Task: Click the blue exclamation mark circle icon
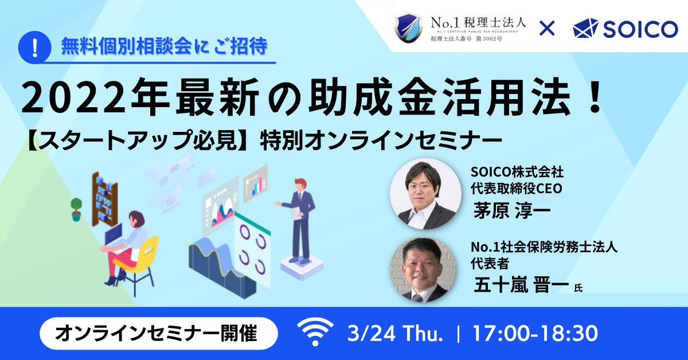coord(35,48)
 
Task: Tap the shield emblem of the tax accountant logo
coord(408,28)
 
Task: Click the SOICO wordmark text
coord(640,29)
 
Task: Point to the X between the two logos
coord(547,29)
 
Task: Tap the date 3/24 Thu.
coord(395,333)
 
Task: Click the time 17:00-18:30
coord(535,333)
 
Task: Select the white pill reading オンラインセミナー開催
coord(159,333)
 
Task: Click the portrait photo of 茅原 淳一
coord(425,194)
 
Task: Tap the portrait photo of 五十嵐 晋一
coord(423,269)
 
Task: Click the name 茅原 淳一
coord(511,210)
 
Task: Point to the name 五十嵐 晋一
coord(521,284)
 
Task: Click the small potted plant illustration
coord(76,209)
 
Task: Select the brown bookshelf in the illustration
coord(105,199)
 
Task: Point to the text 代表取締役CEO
coord(517,188)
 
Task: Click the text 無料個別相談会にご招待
coord(165,46)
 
